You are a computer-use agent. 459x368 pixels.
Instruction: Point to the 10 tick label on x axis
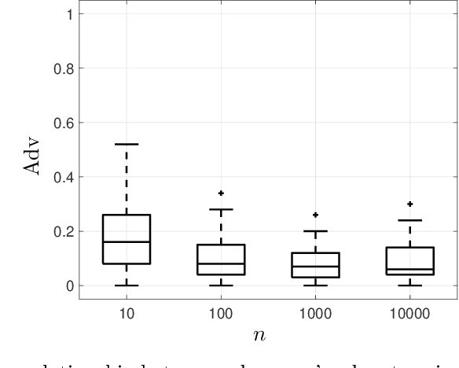126,313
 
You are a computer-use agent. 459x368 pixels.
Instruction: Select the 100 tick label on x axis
220,313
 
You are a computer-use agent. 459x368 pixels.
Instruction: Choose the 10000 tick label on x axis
409,313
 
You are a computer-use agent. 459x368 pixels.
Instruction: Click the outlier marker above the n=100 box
221,193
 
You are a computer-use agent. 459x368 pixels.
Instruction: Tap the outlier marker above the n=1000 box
315,215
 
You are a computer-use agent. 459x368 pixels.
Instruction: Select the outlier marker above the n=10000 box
409,204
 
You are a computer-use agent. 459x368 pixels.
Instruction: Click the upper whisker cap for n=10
127,144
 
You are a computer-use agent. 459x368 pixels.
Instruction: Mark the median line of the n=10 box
127,242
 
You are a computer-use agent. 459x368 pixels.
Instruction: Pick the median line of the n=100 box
221,263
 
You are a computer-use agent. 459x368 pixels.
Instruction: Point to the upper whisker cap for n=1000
315,231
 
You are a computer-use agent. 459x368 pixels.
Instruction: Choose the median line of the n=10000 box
409,269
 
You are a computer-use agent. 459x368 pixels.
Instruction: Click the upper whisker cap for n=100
221,209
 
